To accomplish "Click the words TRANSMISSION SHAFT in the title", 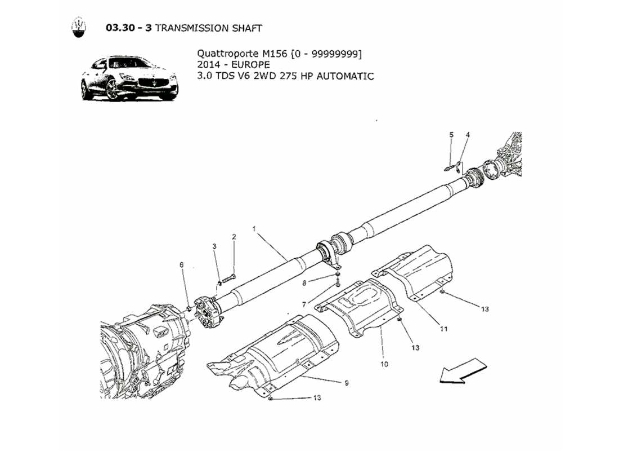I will click(208, 28).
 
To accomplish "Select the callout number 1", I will click(254, 229).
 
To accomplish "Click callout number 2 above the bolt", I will click(234, 237).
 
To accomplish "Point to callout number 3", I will click(214, 246).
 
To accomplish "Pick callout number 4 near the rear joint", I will click(467, 135).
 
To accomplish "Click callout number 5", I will click(451, 135).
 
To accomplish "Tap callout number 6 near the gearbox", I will click(181, 264).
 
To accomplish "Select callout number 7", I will click(304, 304).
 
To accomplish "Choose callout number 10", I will click(384, 364).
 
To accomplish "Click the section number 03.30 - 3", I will click(128, 28).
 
